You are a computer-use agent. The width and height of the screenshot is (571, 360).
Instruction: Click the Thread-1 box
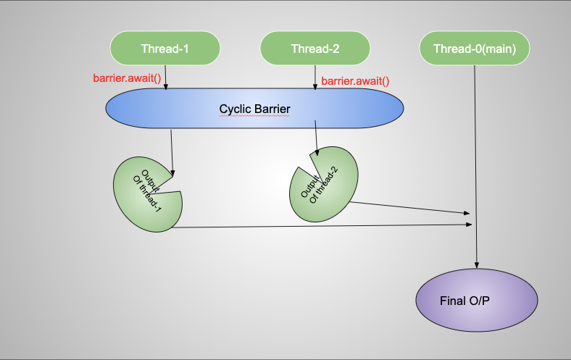point(164,49)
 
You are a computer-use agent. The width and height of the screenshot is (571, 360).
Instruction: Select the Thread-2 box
point(314,49)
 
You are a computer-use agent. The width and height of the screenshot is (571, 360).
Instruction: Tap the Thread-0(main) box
point(475,49)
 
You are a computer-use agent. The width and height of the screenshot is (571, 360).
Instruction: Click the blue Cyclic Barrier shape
point(254,109)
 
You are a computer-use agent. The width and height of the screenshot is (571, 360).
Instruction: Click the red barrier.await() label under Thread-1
point(127,78)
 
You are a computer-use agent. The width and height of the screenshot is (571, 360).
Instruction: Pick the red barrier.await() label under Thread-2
point(355,81)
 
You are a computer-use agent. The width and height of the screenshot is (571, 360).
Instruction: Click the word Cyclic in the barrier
point(236,109)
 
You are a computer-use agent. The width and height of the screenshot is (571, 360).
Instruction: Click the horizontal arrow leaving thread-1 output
point(319,226)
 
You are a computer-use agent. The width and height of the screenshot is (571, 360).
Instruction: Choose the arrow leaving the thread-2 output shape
point(409,209)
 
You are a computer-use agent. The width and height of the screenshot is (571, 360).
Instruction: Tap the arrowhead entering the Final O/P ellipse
point(477,265)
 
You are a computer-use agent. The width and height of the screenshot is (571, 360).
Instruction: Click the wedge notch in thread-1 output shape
point(171,185)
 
